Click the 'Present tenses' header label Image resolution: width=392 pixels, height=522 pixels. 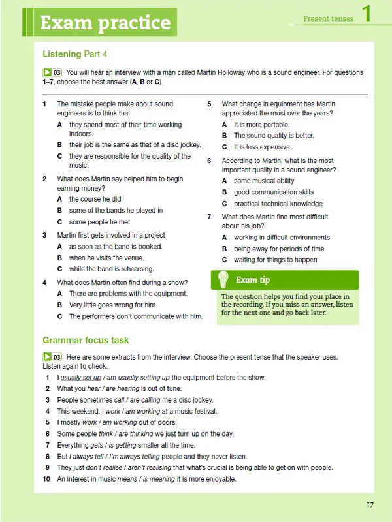(x=328, y=19)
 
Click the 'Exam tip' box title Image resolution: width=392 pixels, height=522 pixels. (x=253, y=280)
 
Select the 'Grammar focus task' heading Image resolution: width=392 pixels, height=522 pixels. (x=86, y=340)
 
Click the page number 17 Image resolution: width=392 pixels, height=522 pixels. (x=370, y=504)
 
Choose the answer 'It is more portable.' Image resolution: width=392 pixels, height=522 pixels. (x=261, y=125)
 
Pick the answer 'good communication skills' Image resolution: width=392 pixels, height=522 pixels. (x=273, y=192)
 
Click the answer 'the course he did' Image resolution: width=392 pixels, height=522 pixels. (x=95, y=199)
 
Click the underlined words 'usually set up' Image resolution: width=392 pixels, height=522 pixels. (x=81, y=378)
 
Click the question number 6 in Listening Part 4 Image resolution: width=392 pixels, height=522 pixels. (x=209, y=161)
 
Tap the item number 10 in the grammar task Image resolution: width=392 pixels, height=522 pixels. (x=46, y=479)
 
